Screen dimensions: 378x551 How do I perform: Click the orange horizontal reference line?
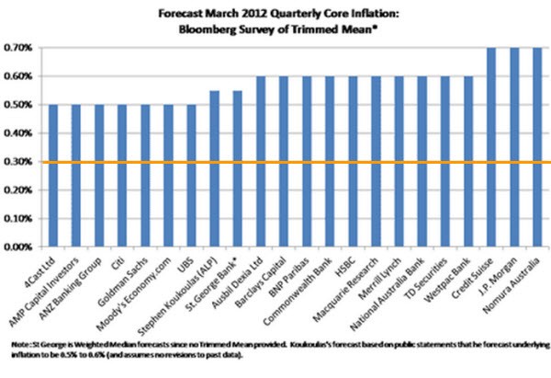[x=275, y=163]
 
